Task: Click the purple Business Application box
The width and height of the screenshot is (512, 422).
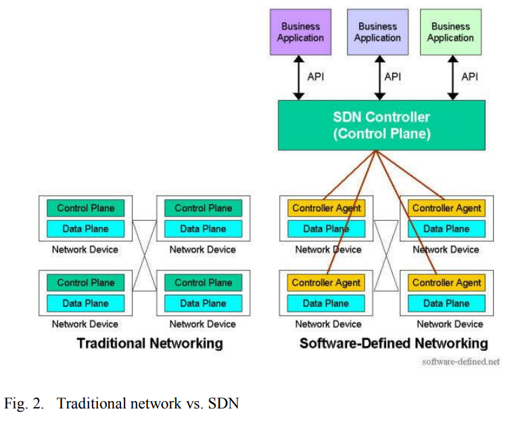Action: tap(300, 32)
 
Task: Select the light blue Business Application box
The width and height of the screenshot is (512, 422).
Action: tap(377, 32)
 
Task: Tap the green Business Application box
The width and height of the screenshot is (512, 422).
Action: tap(450, 32)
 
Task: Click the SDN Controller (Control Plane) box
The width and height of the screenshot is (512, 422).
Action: tap(381, 125)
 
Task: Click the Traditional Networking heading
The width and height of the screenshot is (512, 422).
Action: tap(149, 343)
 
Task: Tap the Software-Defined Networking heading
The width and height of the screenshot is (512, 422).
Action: tap(394, 343)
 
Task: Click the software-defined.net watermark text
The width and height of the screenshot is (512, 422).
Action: tap(461, 362)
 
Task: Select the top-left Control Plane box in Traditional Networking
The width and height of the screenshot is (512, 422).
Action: tap(86, 208)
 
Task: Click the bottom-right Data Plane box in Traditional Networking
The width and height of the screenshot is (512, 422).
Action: tap(203, 303)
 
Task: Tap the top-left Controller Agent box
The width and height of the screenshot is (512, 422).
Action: tap(326, 208)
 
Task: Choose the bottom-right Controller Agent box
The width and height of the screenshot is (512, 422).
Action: tap(446, 282)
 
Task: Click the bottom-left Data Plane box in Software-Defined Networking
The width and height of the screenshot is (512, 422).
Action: tap(326, 303)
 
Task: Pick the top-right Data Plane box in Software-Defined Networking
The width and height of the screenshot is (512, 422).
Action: tap(446, 228)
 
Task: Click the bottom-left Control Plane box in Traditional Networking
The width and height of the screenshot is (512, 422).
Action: tap(86, 282)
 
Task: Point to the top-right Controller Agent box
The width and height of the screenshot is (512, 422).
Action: tap(446, 208)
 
